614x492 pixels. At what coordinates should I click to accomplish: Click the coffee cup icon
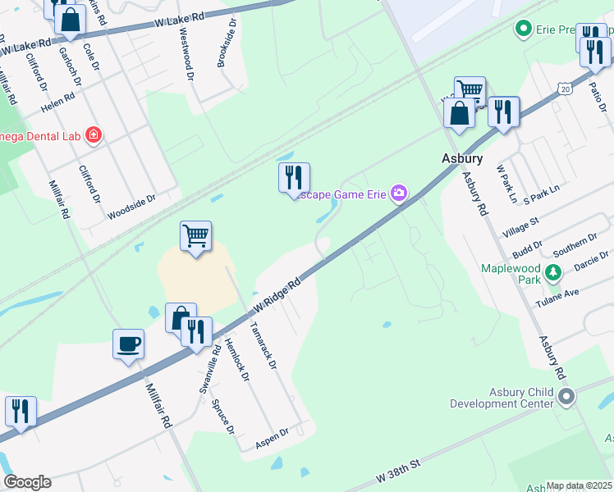click(129, 344)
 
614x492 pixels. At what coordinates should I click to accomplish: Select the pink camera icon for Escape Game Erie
click(399, 194)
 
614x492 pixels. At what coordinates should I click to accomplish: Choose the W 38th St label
click(398, 471)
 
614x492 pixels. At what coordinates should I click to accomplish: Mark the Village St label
click(520, 227)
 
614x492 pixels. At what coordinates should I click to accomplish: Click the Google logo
click(26, 482)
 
